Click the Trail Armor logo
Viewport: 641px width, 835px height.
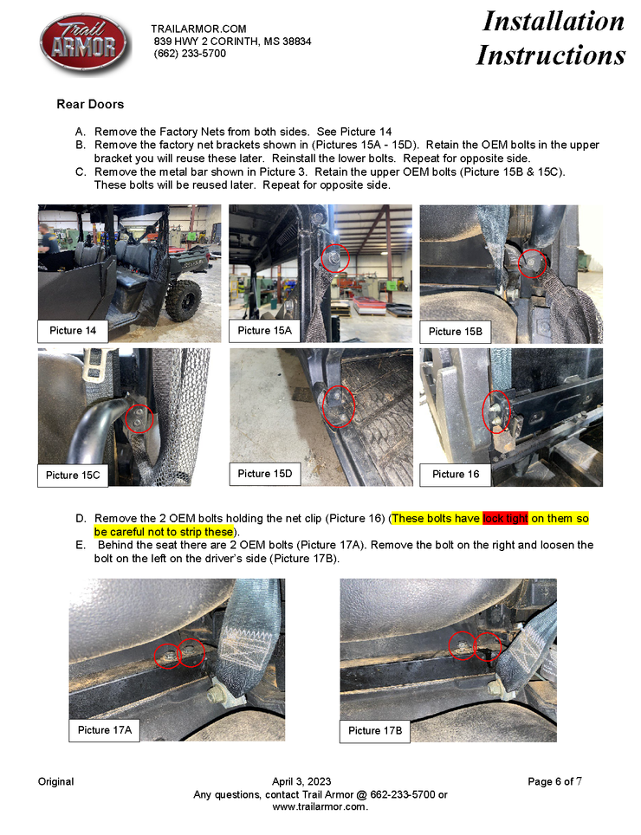point(85,43)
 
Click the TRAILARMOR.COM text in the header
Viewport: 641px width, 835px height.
point(198,29)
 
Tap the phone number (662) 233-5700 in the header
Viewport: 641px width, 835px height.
point(190,53)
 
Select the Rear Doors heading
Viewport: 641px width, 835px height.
point(90,104)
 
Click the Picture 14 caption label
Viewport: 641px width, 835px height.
point(73,331)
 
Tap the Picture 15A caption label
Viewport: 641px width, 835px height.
point(264,331)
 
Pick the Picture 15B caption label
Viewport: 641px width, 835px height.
point(455,332)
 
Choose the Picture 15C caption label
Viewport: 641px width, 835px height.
point(73,476)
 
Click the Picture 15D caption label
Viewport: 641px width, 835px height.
point(264,474)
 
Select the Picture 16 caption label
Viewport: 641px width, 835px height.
point(455,475)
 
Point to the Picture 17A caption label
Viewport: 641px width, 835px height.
point(104,730)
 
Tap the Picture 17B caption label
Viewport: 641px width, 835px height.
point(375,731)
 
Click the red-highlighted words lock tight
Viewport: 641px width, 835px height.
point(505,518)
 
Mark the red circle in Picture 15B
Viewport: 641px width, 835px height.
point(519,263)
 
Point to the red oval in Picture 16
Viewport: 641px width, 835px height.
point(483,412)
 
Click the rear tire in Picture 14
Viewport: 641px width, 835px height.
point(183,300)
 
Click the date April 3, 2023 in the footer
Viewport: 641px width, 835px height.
point(301,782)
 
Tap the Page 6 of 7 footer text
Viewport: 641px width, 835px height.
point(554,782)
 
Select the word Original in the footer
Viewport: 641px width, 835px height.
point(56,782)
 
